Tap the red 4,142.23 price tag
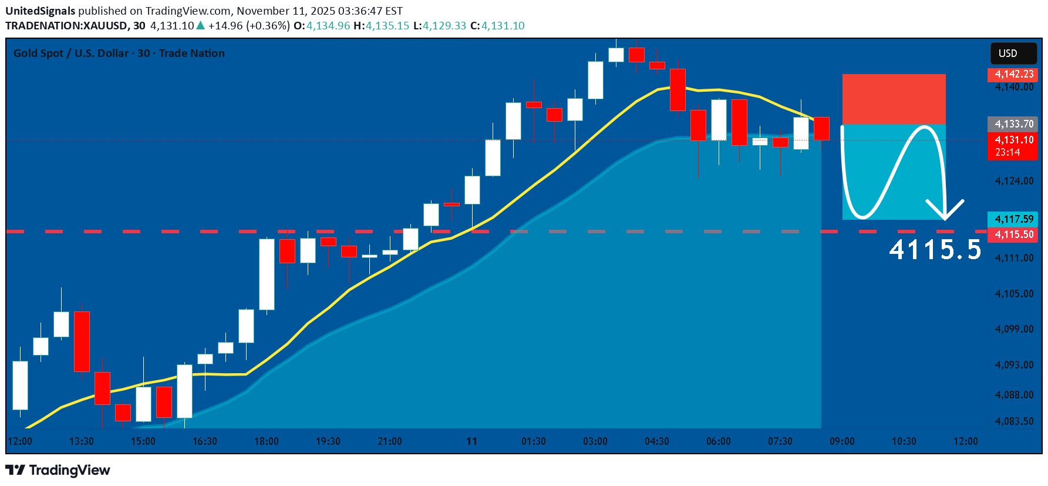[1013, 74]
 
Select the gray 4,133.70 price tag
[1013, 124]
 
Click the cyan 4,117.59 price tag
[1013, 219]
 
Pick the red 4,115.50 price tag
[1013, 234]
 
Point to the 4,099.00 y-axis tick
[1014, 329]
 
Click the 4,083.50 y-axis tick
[1014, 421]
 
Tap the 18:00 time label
[267, 441]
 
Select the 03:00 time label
[595, 441]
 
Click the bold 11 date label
[472, 441]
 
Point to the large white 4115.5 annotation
[935, 250]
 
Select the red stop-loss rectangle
[894, 99]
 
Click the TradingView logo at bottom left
[58, 470]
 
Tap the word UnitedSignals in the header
[41, 11]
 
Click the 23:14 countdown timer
[1007, 152]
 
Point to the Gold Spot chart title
[119, 53]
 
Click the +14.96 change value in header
[225, 26]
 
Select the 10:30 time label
[904, 441]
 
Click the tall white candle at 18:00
[267, 274]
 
